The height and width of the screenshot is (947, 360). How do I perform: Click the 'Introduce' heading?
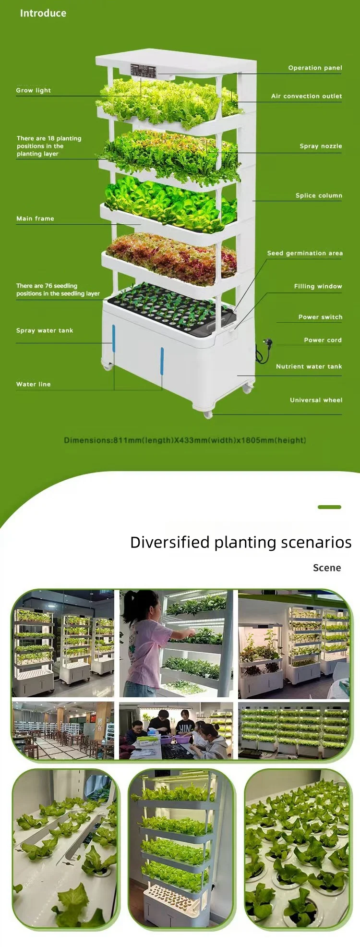coord(43,13)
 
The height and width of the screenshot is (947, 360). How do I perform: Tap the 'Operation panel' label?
coord(315,68)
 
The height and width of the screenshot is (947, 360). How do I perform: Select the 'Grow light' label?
coord(34,90)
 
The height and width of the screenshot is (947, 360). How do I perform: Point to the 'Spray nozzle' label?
coord(321,146)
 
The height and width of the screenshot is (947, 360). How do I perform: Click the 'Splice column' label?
coord(319,195)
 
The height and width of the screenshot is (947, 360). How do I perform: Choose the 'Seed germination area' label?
coord(305,253)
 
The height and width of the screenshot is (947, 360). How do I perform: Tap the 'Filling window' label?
coord(318,286)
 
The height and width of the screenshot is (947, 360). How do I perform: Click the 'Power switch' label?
coord(320,317)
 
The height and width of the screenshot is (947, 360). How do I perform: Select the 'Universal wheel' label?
coord(316,400)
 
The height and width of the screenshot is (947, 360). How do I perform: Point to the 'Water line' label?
coord(34,384)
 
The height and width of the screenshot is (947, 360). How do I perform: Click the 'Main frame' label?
coord(35,219)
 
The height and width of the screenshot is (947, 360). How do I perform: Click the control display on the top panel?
coord(144,70)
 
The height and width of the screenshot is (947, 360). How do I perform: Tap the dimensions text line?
coord(185,440)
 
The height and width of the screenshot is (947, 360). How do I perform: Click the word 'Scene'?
coord(327,568)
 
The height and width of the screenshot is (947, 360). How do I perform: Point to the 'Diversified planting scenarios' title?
coord(240,542)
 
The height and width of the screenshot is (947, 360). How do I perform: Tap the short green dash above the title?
coord(329,507)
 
